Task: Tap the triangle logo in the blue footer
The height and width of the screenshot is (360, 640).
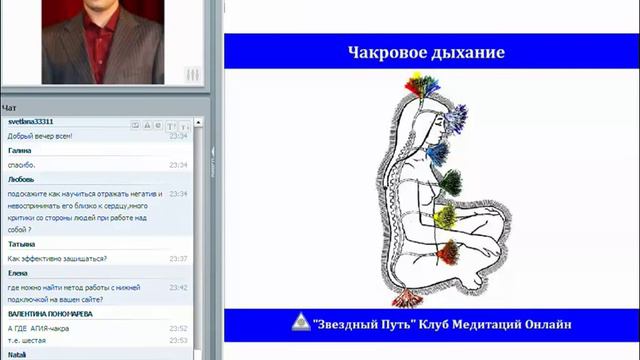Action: (298, 324)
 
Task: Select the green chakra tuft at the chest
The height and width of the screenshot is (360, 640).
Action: (451, 182)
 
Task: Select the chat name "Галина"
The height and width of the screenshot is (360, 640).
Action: (20, 150)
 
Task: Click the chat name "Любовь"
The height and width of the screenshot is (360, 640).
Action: (21, 179)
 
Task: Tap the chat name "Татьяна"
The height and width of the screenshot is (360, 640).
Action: (22, 243)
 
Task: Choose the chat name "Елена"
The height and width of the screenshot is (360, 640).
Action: (18, 272)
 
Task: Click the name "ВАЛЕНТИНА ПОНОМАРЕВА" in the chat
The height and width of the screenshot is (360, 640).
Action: (50, 314)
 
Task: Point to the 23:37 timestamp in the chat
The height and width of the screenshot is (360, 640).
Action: (179, 258)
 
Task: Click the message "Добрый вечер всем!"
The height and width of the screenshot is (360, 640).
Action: (35, 135)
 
